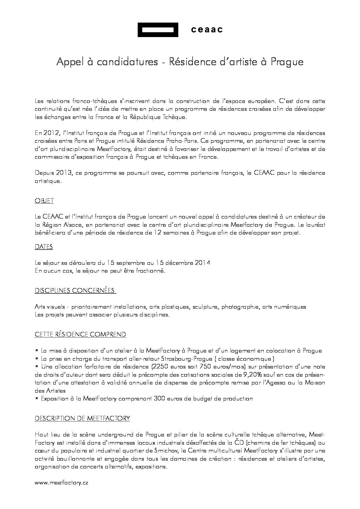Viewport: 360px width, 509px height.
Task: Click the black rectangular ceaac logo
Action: [x=158, y=30]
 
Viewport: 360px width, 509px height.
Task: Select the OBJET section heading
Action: [x=44, y=201]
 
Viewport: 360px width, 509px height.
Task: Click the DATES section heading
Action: [x=44, y=247]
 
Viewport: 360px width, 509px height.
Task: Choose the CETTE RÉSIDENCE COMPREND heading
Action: [x=80, y=335]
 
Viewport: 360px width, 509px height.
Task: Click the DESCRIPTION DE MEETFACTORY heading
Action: [x=82, y=419]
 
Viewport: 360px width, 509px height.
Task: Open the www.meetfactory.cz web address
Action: [x=61, y=483]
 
